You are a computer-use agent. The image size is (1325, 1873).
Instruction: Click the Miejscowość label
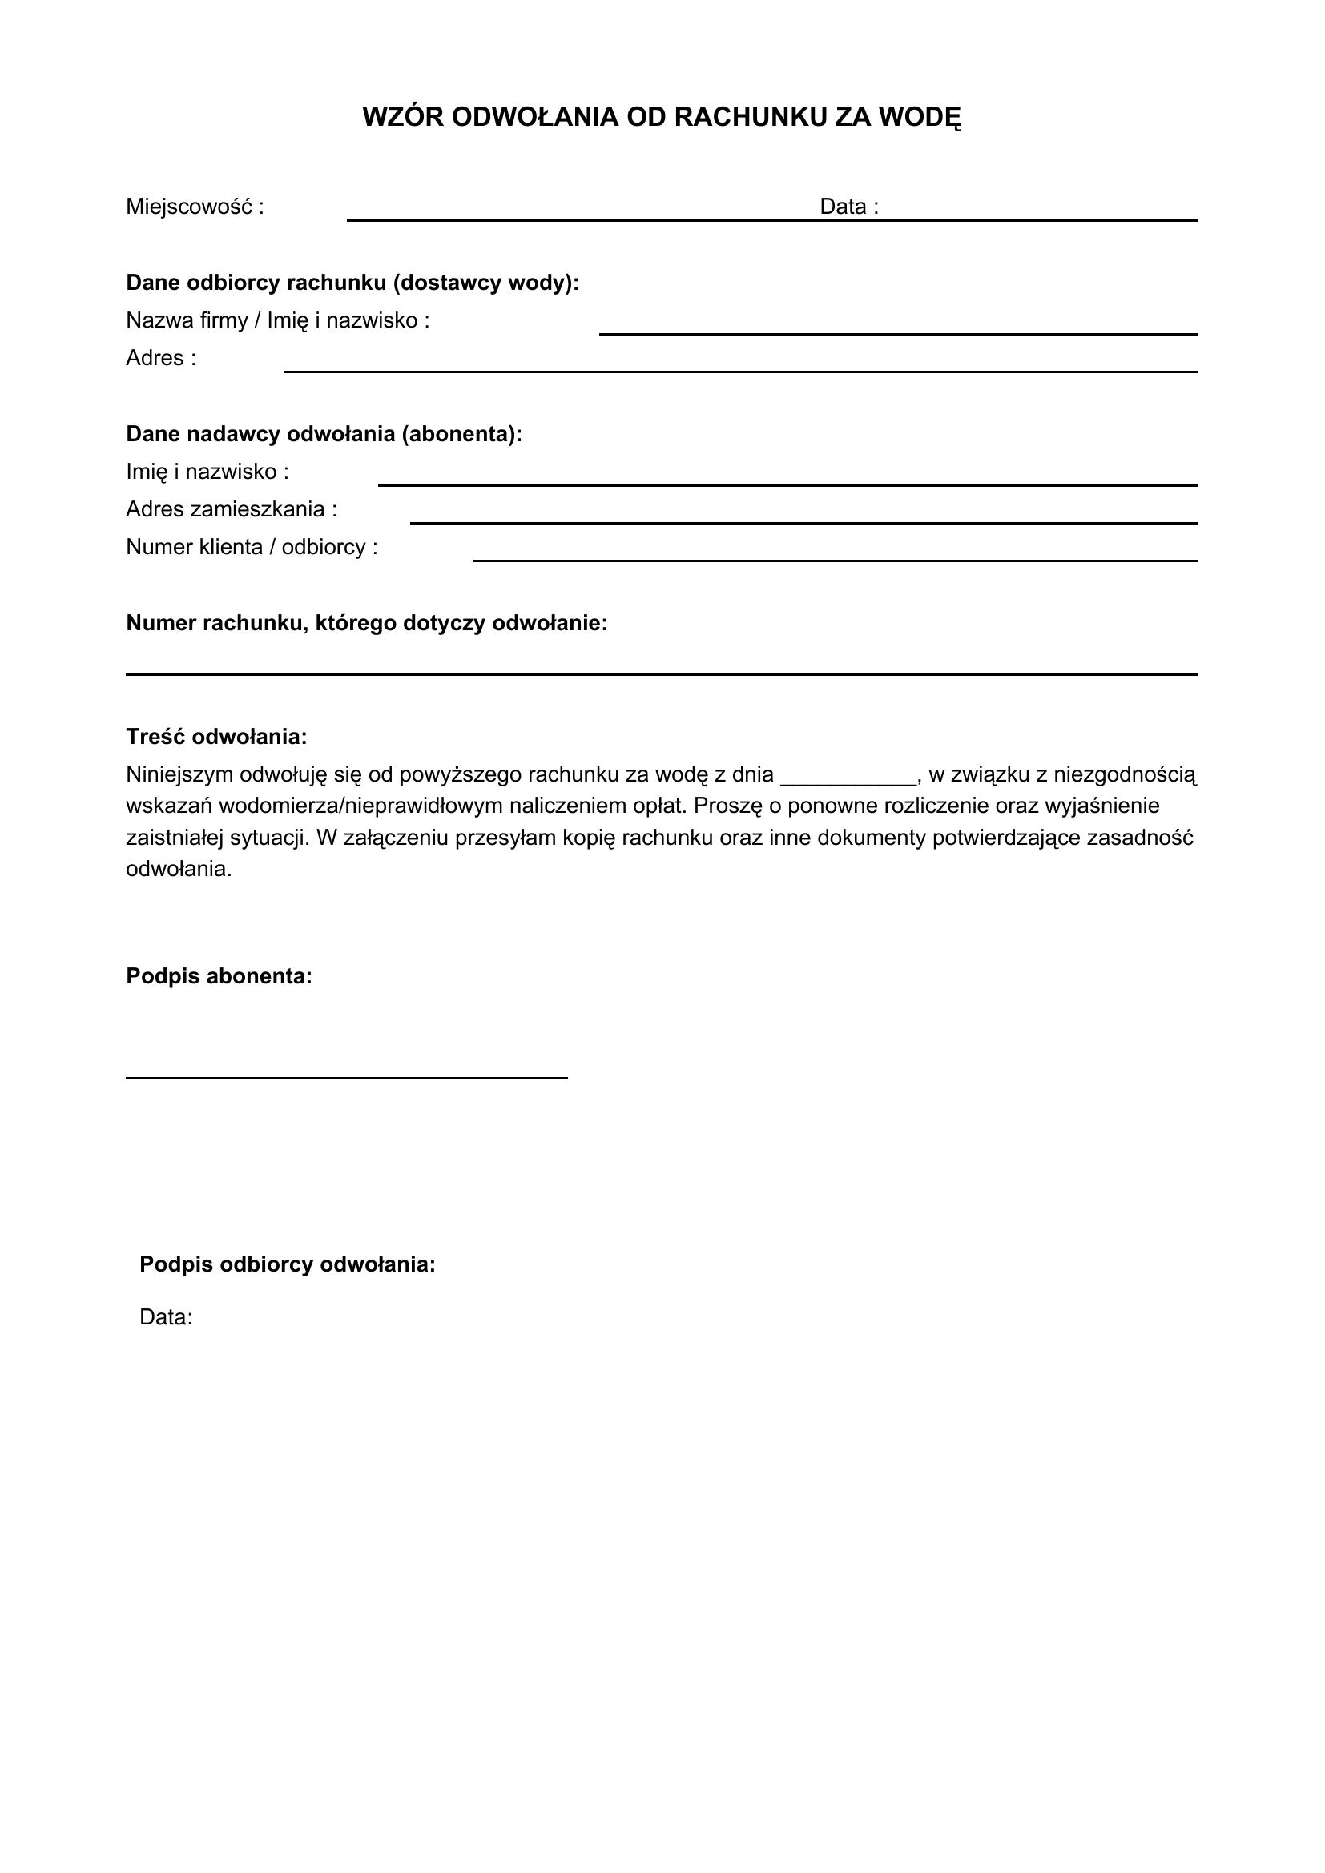click(x=194, y=207)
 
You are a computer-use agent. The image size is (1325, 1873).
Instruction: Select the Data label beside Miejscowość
click(x=848, y=207)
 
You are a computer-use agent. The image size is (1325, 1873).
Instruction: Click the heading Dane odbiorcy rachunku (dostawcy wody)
click(x=352, y=283)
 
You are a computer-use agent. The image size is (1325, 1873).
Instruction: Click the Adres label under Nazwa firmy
click(x=161, y=358)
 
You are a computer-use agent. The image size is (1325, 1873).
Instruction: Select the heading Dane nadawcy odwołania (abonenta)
click(x=324, y=434)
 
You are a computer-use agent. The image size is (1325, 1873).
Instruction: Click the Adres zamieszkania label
click(x=231, y=510)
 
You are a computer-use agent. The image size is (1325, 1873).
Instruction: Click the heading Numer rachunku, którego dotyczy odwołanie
click(x=366, y=623)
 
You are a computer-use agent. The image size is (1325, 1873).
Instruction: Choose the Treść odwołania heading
click(x=216, y=737)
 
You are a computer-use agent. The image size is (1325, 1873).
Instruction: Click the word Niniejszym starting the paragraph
click(x=179, y=774)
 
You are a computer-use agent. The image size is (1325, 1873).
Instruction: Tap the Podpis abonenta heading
click(x=219, y=975)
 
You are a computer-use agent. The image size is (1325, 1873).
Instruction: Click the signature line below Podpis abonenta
click(x=346, y=1077)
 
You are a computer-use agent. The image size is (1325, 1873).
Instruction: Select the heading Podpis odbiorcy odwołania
click(x=288, y=1264)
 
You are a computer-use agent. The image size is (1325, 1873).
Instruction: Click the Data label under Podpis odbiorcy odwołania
click(x=166, y=1317)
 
